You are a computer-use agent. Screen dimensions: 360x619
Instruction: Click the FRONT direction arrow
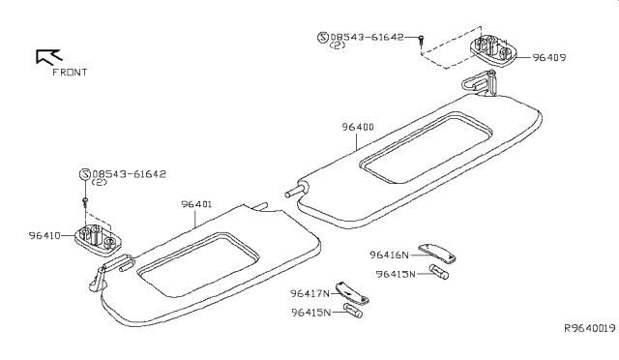pos(45,55)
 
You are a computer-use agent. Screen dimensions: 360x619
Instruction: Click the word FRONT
pos(68,73)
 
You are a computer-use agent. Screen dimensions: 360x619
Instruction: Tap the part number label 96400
pos(358,127)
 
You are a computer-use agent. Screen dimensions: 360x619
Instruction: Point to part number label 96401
pos(198,204)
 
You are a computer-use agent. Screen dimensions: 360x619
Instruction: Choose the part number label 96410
pos(45,235)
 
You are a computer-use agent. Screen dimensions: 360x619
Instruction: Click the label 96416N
pos(390,255)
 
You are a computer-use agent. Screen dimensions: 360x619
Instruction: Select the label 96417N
pos(309,292)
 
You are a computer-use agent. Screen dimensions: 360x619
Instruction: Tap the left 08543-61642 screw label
pos(126,174)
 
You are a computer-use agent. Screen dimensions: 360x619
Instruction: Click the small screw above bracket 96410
pos(85,203)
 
